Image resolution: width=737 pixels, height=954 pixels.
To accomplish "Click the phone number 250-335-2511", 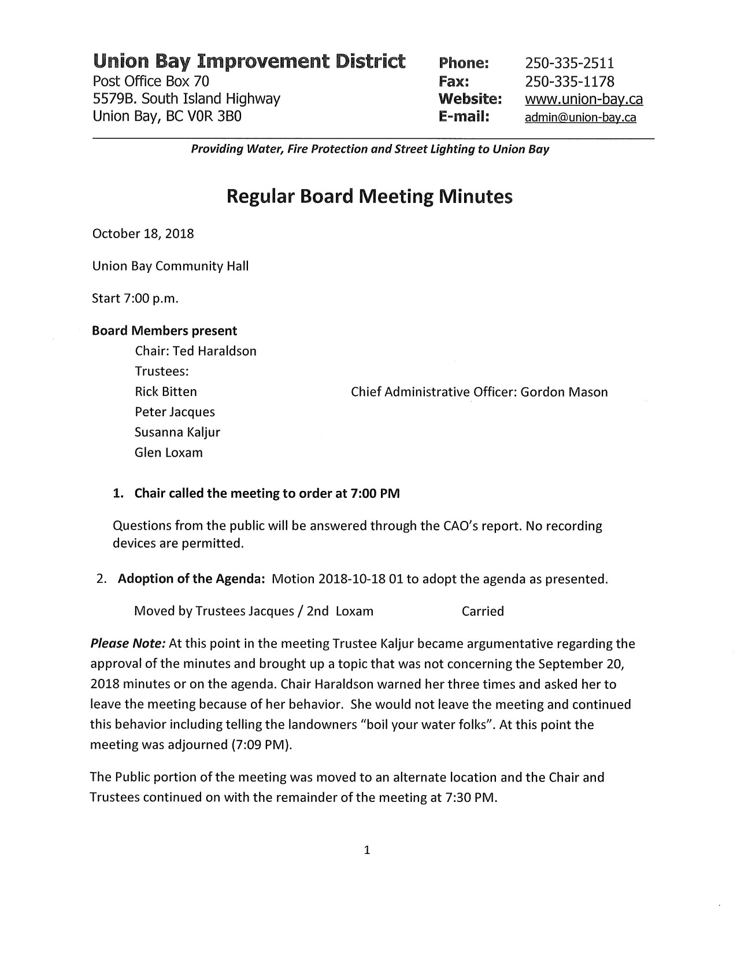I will click(569, 62).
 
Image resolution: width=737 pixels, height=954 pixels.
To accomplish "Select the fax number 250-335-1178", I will click(569, 81).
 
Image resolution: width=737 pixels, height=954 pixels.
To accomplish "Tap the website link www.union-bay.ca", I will click(583, 99).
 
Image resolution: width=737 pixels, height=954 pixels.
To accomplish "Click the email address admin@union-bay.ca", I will click(580, 118).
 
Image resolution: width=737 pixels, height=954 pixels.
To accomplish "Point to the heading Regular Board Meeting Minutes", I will click(369, 197).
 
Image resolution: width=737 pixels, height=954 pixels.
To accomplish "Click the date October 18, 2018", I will click(143, 234).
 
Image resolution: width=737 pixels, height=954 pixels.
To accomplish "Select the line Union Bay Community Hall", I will click(171, 267).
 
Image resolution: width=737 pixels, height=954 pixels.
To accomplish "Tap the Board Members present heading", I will click(164, 331).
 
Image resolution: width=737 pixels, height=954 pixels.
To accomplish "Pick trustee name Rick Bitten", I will click(166, 392).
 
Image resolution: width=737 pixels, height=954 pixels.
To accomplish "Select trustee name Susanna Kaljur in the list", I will click(177, 432).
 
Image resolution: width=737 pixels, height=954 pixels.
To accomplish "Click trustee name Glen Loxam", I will click(169, 453).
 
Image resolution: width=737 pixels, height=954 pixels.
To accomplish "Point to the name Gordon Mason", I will click(564, 393).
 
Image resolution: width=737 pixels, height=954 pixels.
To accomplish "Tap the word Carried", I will click(483, 612).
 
